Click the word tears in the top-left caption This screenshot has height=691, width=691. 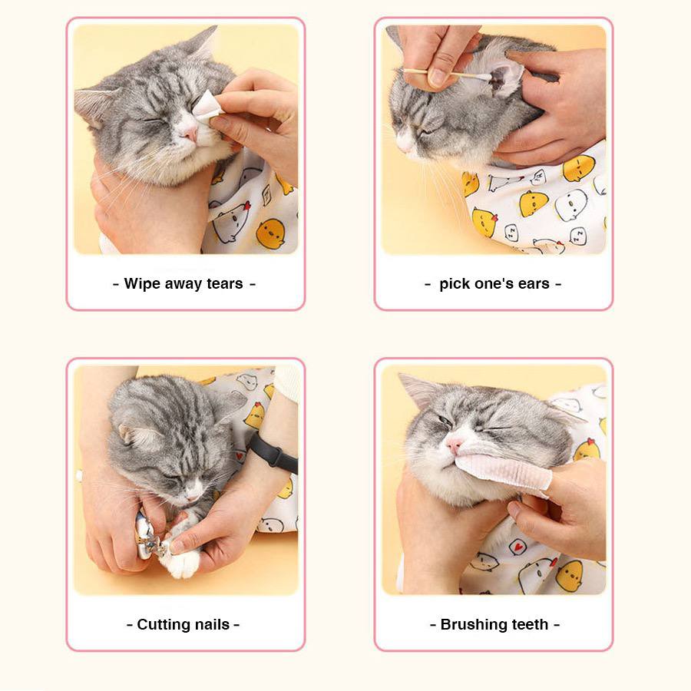(225, 284)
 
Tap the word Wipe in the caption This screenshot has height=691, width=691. (142, 284)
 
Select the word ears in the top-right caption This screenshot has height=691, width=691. (534, 284)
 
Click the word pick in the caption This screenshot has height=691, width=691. (455, 284)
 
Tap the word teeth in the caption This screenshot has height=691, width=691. (531, 625)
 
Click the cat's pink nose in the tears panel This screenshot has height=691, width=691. (189, 134)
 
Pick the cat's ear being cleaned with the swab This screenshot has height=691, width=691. (504, 77)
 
